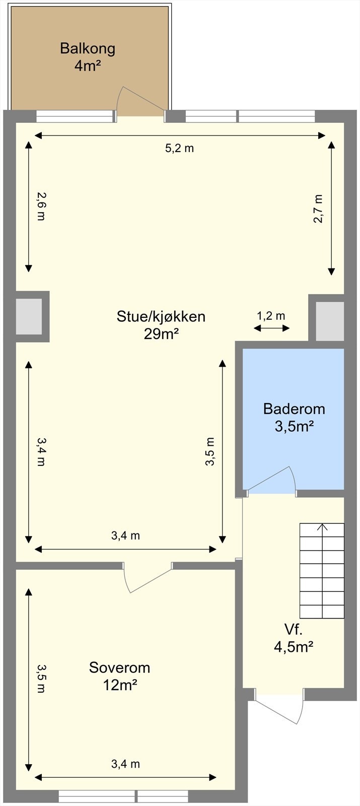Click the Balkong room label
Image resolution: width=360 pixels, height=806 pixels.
pos(88,49)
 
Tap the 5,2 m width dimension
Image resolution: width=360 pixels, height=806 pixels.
pos(179,148)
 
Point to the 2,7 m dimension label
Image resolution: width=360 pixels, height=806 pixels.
pos(318,209)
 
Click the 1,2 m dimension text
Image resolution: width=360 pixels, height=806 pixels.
pos(271,316)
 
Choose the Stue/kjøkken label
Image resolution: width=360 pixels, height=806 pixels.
pos(161,316)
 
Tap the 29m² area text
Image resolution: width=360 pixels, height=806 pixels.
pos(161,334)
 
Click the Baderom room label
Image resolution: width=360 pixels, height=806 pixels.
pos(294,409)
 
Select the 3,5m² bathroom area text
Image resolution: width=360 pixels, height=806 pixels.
pos(294,427)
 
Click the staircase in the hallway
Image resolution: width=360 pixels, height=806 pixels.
pos(322,571)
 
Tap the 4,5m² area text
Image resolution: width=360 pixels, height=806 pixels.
pos(294,647)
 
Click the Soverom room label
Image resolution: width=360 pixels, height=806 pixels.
pos(119,667)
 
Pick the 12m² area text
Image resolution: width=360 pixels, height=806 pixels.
pos(120,685)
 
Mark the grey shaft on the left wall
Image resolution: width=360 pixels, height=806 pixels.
pos(29,316)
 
